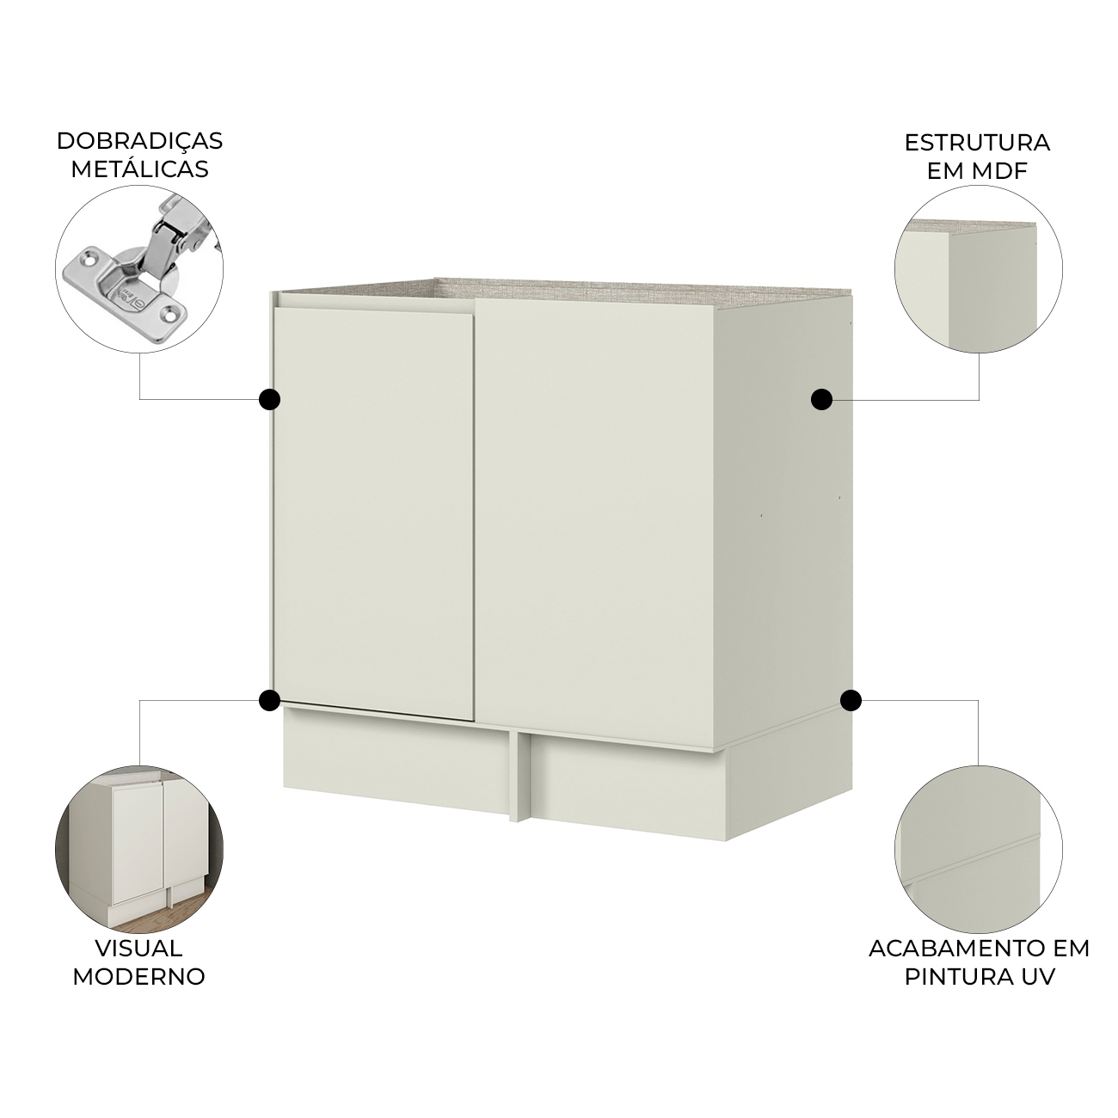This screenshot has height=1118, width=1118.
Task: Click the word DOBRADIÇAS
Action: click(140, 141)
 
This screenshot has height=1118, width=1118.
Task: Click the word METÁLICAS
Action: click(140, 169)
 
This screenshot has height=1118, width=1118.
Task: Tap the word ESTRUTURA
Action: click(977, 143)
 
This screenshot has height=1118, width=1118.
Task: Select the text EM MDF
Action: click(977, 172)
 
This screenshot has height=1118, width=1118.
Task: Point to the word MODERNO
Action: click(139, 977)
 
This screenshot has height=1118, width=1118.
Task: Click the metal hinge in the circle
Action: click(139, 261)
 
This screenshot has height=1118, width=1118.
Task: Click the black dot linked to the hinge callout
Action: click(269, 399)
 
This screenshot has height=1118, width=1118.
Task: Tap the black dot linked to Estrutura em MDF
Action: click(821, 399)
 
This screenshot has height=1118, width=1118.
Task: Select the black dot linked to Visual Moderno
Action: click(269, 700)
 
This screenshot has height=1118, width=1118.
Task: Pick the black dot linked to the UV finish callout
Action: click(851, 700)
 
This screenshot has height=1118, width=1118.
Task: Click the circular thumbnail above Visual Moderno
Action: click(139, 850)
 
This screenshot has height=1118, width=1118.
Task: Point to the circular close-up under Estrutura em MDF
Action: click(979, 269)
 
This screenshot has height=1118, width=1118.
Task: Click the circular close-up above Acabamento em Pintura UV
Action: click(979, 850)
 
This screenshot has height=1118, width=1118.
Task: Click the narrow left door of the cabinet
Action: click(374, 513)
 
